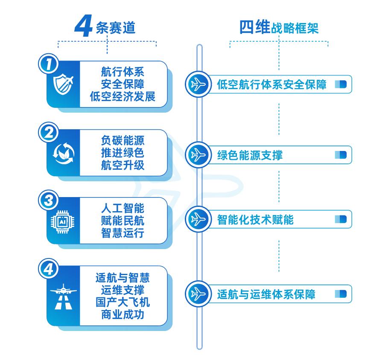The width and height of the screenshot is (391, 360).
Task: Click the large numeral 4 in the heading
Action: (84, 26)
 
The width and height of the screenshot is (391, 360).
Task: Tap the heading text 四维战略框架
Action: (279, 28)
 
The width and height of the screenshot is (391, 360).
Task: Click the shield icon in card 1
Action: (63, 84)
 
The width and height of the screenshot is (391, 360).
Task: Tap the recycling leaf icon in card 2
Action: (63, 153)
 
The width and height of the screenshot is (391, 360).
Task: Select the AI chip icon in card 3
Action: (63, 221)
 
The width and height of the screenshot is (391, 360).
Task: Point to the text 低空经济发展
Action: (123, 96)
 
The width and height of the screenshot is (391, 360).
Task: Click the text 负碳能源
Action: (123, 140)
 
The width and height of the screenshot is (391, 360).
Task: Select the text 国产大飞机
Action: (123, 302)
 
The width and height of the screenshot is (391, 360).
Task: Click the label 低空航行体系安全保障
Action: (271, 84)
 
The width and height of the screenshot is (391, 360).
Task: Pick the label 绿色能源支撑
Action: (250, 154)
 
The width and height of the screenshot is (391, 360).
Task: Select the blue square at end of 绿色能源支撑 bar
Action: (340, 154)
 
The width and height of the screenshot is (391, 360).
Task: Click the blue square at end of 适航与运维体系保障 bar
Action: (340, 294)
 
